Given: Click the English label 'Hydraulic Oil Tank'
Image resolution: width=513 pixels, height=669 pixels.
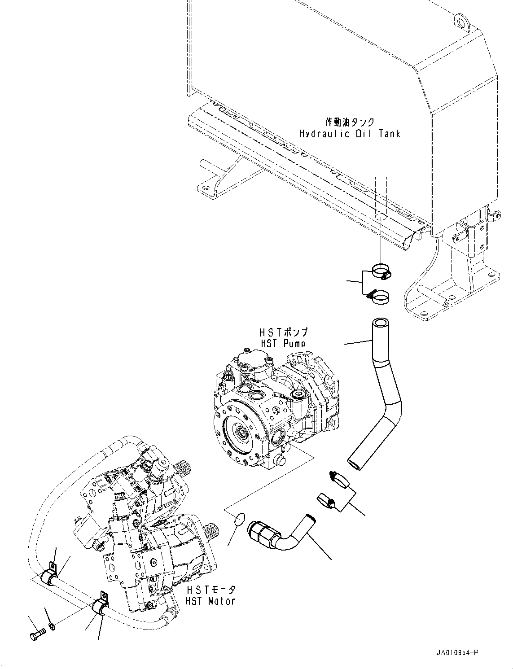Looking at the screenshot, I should [349, 134].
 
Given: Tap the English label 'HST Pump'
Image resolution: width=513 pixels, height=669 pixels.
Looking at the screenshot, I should [283, 343].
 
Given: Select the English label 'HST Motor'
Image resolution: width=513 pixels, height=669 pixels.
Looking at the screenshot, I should [211, 600].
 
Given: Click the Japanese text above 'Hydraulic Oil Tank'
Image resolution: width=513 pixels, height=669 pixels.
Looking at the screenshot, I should [349, 122].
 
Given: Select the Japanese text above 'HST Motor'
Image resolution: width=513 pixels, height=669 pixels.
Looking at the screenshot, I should [211, 589].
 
